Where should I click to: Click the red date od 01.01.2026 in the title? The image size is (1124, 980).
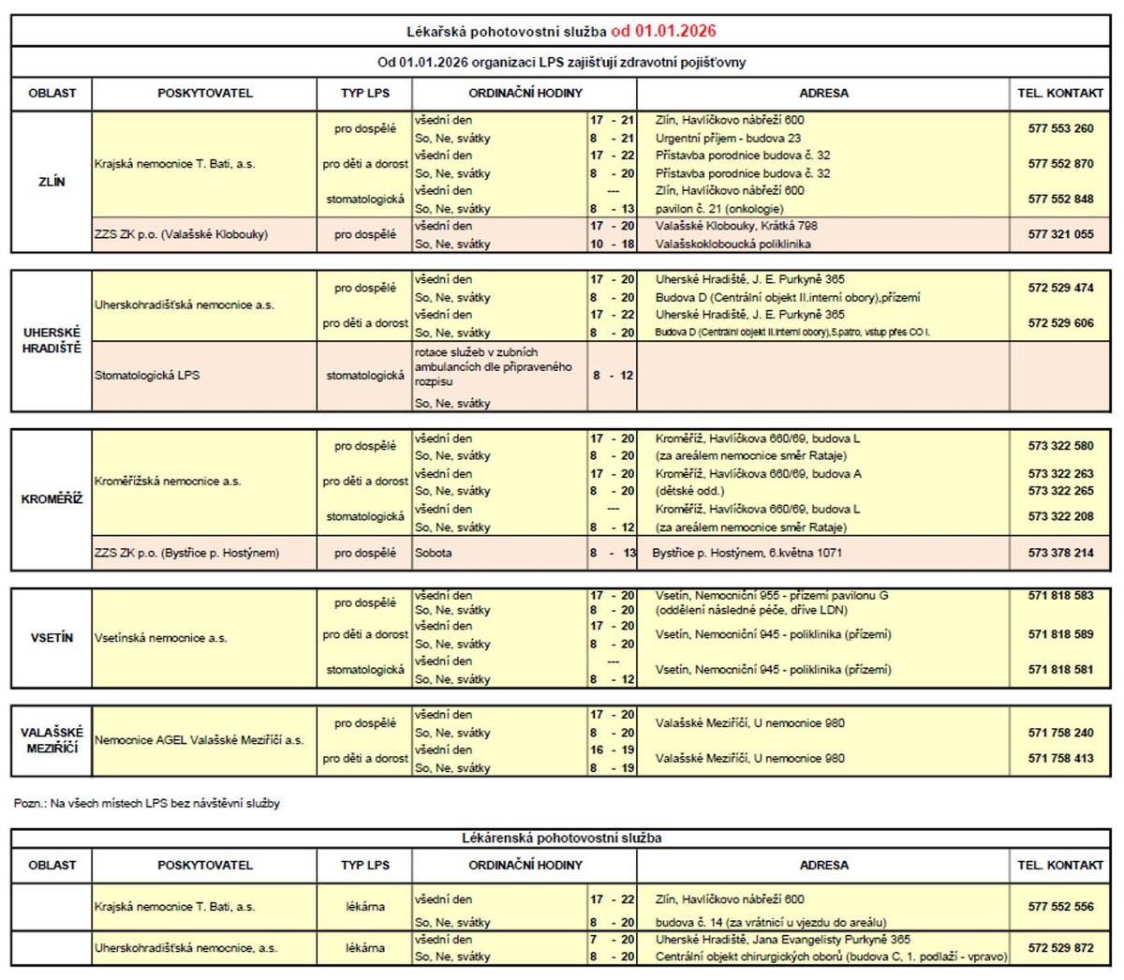coord(663,31)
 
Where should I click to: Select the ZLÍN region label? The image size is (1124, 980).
coord(52,182)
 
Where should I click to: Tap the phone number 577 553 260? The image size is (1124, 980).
coord(1060,129)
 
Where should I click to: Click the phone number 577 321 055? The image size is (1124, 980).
coord(1060,234)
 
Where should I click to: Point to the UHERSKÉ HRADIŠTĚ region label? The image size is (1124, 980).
coord(52,340)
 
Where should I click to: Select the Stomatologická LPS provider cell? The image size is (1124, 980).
coord(147,376)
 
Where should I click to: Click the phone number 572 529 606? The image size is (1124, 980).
coord(1060,323)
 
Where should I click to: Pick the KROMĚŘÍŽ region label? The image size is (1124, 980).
coord(52,499)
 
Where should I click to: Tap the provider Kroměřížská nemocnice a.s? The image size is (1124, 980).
coord(168,482)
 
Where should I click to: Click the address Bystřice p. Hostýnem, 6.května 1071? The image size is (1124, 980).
coord(747,553)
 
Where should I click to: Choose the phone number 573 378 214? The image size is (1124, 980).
coord(1060,553)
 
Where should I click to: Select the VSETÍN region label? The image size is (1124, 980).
coord(52,638)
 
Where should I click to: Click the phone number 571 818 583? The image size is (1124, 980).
coord(1060,595)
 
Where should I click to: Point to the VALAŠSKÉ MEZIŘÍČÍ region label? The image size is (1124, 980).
coord(52,740)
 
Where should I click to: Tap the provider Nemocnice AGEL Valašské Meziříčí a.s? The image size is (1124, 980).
coord(200,740)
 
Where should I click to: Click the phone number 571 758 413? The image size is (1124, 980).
coord(1060,759)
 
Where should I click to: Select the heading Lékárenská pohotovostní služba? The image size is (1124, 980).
coord(562,839)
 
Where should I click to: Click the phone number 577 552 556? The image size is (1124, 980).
coord(1060,907)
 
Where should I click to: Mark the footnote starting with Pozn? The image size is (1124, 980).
coord(147,804)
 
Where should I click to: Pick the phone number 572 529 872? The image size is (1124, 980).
coord(1060,948)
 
